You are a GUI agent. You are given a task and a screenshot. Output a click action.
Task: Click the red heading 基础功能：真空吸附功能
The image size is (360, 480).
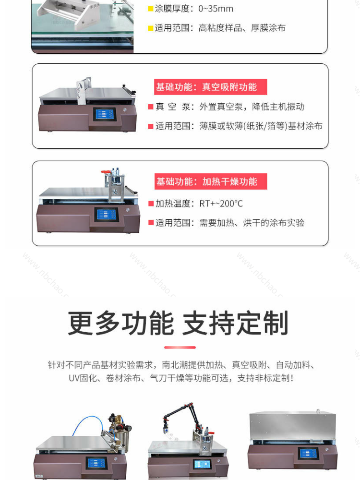pyautogui.click(x=211, y=87)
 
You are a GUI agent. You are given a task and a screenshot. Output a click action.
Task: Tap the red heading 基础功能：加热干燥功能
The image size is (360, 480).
pyautogui.click(x=211, y=181)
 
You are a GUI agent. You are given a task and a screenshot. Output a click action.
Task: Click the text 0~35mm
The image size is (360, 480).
pyautogui.click(x=216, y=9)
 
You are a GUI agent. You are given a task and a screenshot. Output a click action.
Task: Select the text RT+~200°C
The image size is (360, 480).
pyautogui.click(x=221, y=204)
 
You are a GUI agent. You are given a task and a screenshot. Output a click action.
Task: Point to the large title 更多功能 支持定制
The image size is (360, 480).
pyautogui.click(x=178, y=323)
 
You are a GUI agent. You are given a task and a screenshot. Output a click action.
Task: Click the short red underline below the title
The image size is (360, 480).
pyautogui.click(x=180, y=348)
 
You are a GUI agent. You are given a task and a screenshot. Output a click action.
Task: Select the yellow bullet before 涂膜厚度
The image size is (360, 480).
pyautogui.click(x=151, y=9)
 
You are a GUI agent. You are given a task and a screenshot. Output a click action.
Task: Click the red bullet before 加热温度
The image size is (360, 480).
pyautogui.click(x=151, y=204)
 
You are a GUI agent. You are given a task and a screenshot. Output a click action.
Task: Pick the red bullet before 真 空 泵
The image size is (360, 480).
pyautogui.click(x=151, y=107)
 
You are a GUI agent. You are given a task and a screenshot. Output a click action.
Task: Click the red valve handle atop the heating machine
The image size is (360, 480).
pyautogui.click(x=106, y=172)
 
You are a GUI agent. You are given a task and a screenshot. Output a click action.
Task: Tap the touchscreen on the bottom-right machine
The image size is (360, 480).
pyautogui.click(x=308, y=453)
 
